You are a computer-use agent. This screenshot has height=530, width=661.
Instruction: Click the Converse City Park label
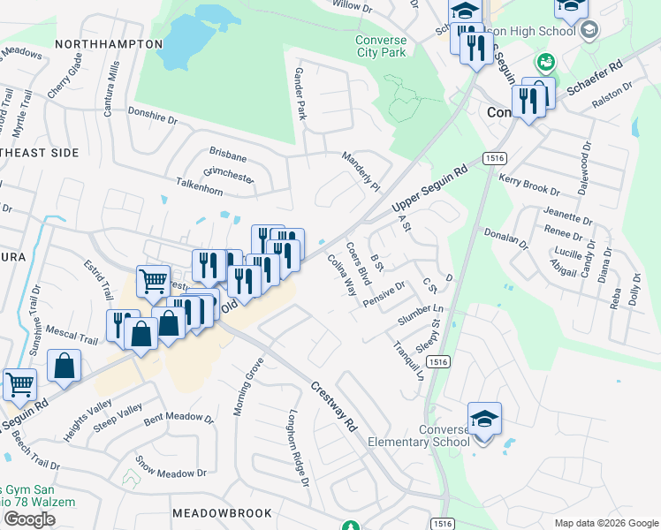point(381,47)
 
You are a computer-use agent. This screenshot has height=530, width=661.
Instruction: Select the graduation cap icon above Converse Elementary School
point(484,418)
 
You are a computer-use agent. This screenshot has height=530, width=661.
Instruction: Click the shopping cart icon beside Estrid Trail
point(153,282)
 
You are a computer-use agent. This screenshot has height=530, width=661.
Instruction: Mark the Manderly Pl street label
point(361,171)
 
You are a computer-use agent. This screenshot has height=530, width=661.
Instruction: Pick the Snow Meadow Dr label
point(171,468)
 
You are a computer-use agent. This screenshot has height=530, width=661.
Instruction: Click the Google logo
point(29,519)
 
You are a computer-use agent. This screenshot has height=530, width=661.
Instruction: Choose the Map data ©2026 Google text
point(606,523)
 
